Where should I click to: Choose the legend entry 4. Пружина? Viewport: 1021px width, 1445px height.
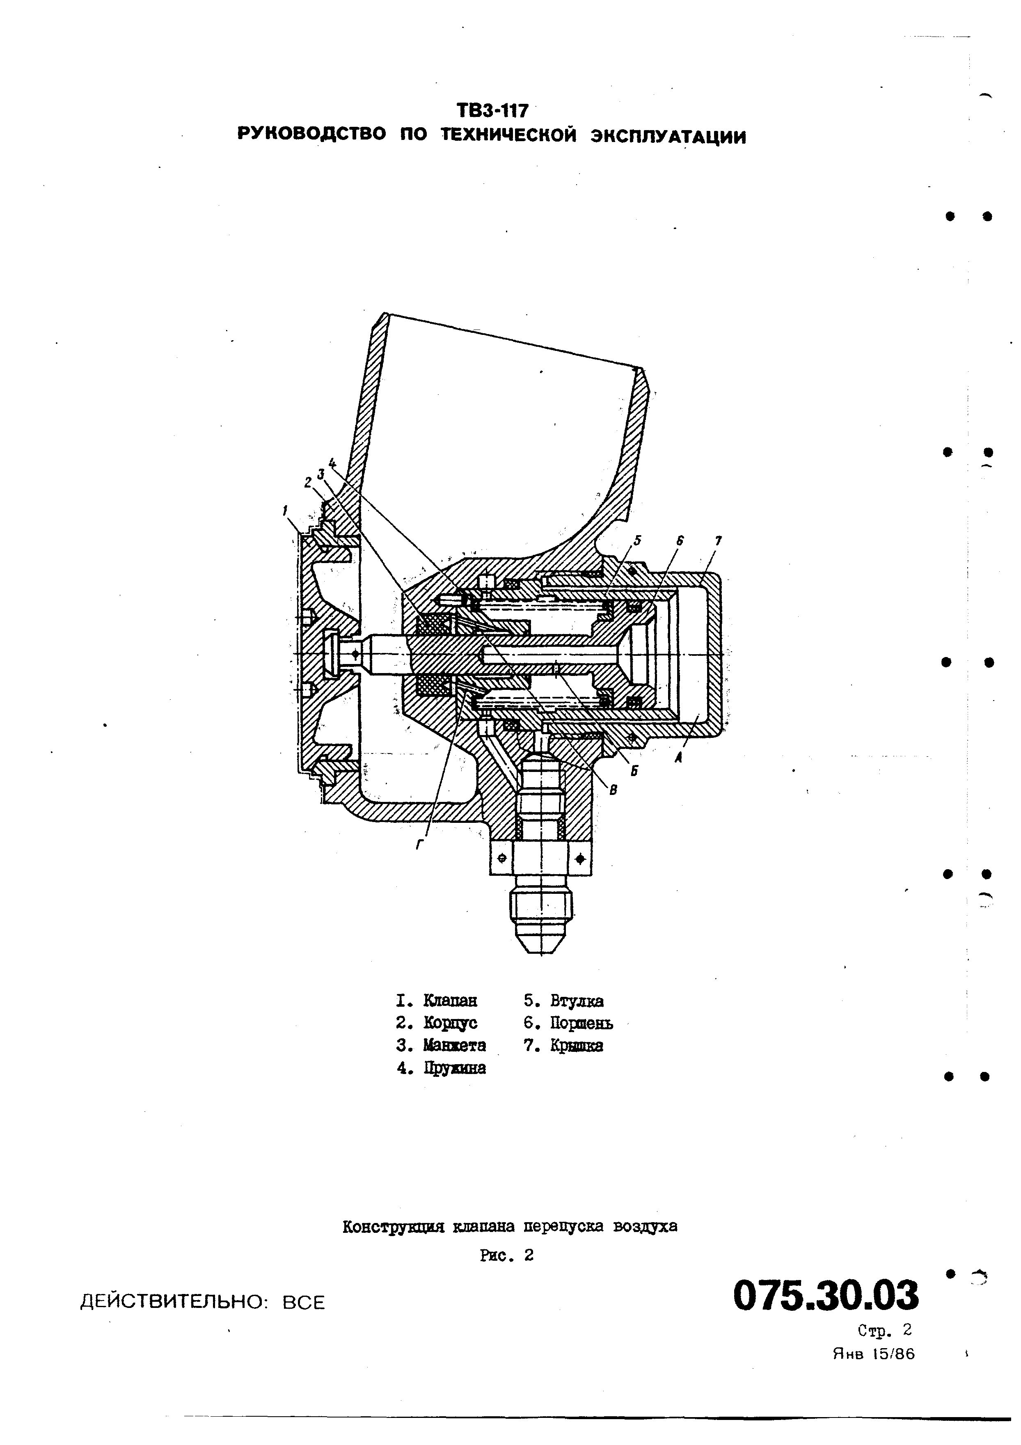point(441,1068)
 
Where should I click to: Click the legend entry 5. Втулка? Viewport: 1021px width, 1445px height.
point(563,1001)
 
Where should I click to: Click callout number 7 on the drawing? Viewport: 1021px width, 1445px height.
point(718,540)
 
